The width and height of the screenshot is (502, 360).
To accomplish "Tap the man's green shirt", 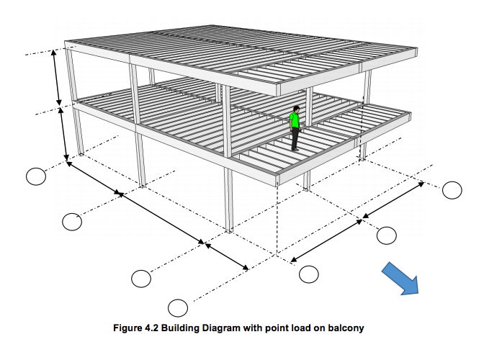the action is [x=295, y=120].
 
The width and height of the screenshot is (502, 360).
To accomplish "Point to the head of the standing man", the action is [x=297, y=109].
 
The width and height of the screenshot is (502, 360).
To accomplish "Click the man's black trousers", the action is [x=295, y=138].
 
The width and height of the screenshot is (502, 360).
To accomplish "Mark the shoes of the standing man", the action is [x=295, y=149].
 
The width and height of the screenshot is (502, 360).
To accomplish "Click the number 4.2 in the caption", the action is [x=152, y=328].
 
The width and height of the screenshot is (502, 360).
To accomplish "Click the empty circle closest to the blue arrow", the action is [x=387, y=235].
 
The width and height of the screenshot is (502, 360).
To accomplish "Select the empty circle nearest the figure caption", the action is [x=178, y=308].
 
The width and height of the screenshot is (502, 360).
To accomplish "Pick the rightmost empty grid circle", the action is [x=452, y=190].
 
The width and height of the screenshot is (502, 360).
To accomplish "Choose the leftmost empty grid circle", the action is [x=36, y=176].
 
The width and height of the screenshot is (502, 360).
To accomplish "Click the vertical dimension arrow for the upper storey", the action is [x=56, y=78].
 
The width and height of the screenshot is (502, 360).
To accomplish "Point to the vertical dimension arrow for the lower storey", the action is [x=63, y=134].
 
